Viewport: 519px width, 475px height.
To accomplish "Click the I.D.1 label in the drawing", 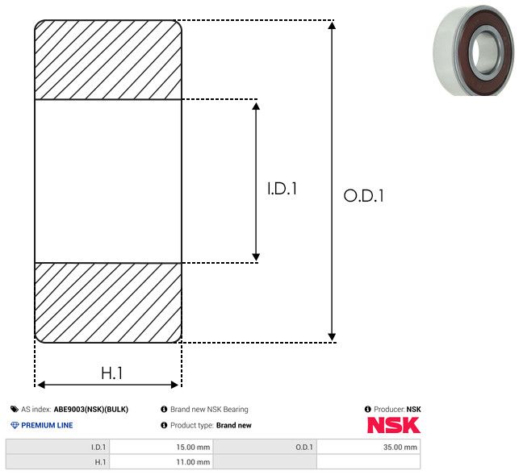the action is (282, 189).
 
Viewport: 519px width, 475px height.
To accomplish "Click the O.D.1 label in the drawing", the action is (364, 195).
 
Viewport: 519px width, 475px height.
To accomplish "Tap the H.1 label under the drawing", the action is (111, 373).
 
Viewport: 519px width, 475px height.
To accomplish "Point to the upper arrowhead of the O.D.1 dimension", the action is (332, 26).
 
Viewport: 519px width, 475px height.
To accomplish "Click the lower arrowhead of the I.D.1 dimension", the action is (256, 256).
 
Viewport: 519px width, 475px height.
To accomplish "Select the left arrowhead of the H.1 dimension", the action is (41, 385).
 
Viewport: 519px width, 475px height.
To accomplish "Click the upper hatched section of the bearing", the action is (108, 60).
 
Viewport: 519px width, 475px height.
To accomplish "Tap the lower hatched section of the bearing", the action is (108, 302).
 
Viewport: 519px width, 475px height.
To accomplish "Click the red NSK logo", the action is (394, 425).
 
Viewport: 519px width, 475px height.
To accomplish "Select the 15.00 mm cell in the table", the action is (161, 448).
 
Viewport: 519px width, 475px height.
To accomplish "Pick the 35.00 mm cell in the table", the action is (368, 448).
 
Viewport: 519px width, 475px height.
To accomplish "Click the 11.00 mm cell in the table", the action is (161, 462).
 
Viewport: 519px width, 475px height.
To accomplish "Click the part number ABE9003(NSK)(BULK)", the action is (91, 409).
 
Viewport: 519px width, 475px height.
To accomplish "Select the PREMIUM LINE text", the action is (47, 425).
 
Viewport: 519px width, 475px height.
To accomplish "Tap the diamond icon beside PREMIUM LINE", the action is (15, 425).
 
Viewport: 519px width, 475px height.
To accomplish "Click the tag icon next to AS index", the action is (15, 409).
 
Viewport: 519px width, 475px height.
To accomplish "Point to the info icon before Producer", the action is (367, 409).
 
